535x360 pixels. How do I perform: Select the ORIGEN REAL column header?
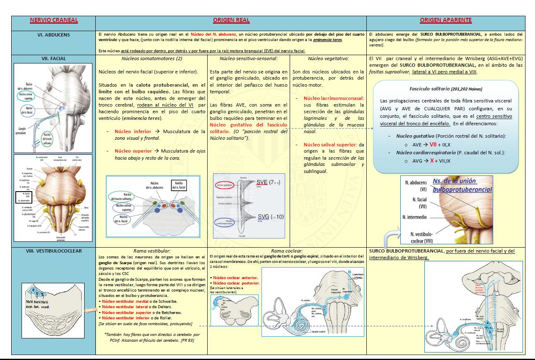point(230,20)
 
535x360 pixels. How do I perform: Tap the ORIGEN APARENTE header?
point(445,20)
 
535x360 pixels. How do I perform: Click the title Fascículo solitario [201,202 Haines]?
point(445,89)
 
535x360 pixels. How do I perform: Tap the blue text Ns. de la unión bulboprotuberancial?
point(462,185)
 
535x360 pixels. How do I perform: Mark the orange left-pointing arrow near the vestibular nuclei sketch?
point(90,310)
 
